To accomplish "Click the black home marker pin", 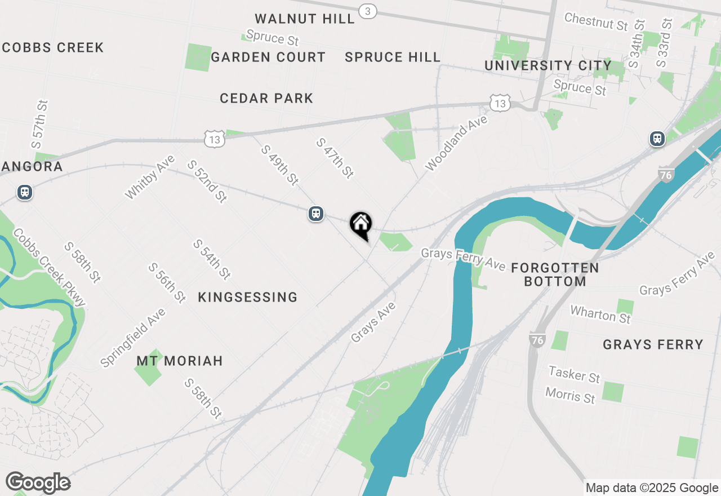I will click(x=360, y=225).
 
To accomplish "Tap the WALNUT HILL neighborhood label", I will click(x=305, y=19).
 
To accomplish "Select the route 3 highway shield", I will click(x=367, y=11).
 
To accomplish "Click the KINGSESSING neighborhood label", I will click(x=248, y=297).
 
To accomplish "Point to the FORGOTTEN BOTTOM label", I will click(x=555, y=274).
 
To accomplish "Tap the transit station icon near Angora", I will click(x=24, y=192).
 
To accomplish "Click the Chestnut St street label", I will click(x=596, y=22).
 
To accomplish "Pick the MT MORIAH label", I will click(x=180, y=361).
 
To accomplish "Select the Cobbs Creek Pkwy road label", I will click(x=50, y=267).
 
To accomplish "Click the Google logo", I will click(x=38, y=483).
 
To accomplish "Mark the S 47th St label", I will click(x=335, y=158).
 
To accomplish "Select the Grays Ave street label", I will click(x=373, y=322).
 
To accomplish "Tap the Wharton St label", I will click(x=600, y=314).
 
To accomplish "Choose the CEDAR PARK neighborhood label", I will click(x=266, y=98).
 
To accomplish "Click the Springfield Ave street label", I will click(x=133, y=338).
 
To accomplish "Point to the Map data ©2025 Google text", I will click(x=652, y=488).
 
